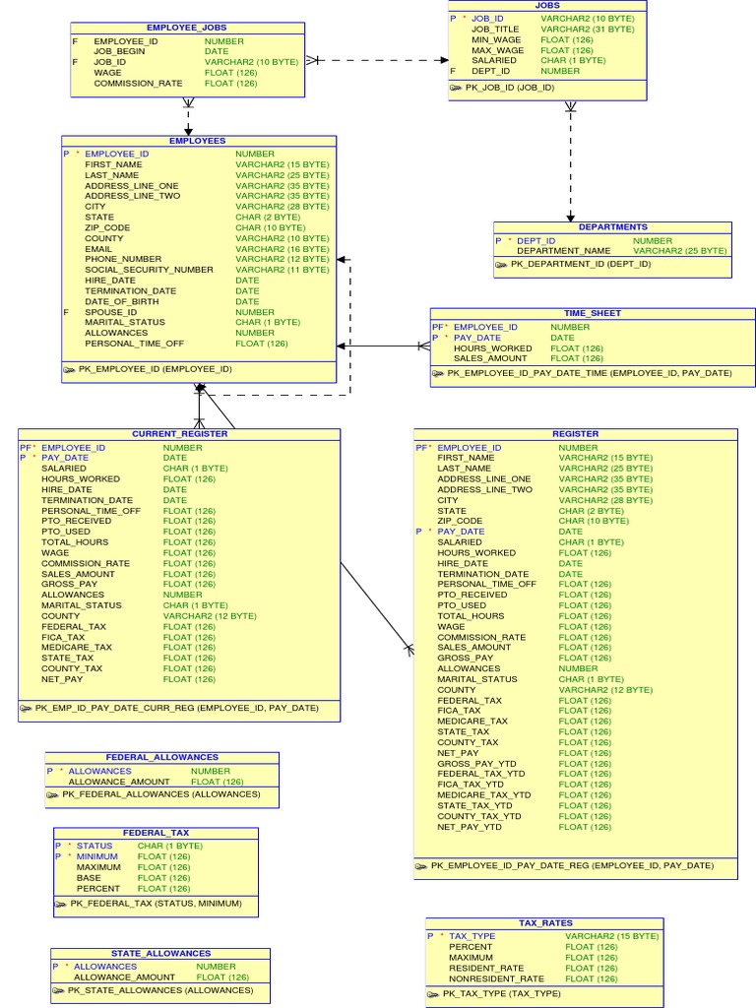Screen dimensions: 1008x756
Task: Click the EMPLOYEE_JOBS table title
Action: pos(186,28)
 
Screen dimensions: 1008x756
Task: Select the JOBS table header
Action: pos(547,6)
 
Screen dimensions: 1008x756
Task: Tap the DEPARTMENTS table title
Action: pos(612,227)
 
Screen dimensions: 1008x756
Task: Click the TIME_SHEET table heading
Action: pos(593,313)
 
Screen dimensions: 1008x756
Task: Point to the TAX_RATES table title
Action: pos(544,923)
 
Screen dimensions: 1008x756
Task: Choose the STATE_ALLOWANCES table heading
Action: pos(160,953)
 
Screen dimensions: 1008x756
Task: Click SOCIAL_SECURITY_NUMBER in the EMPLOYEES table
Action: pos(149,270)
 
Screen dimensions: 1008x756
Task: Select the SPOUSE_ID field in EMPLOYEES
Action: pos(111,312)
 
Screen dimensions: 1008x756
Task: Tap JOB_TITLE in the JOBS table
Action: pos(495,30)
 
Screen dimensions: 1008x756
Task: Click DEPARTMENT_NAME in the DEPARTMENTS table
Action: pos(564,251)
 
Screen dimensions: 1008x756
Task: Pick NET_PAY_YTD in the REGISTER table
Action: pos(470,828)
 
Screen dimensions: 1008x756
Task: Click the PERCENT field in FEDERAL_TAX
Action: pos(98,889)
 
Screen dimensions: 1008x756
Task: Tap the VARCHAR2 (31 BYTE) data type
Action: pos(588,30)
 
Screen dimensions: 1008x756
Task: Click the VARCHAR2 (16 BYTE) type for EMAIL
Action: pos(282,249)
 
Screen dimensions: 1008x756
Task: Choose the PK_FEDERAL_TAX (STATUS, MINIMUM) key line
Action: pos(156,904)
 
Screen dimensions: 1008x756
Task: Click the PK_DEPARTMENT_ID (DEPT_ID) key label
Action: pos(581,264)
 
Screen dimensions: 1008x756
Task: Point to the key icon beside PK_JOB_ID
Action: pos(456,88)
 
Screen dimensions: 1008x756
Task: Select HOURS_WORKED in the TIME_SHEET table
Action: pos(492,348)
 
